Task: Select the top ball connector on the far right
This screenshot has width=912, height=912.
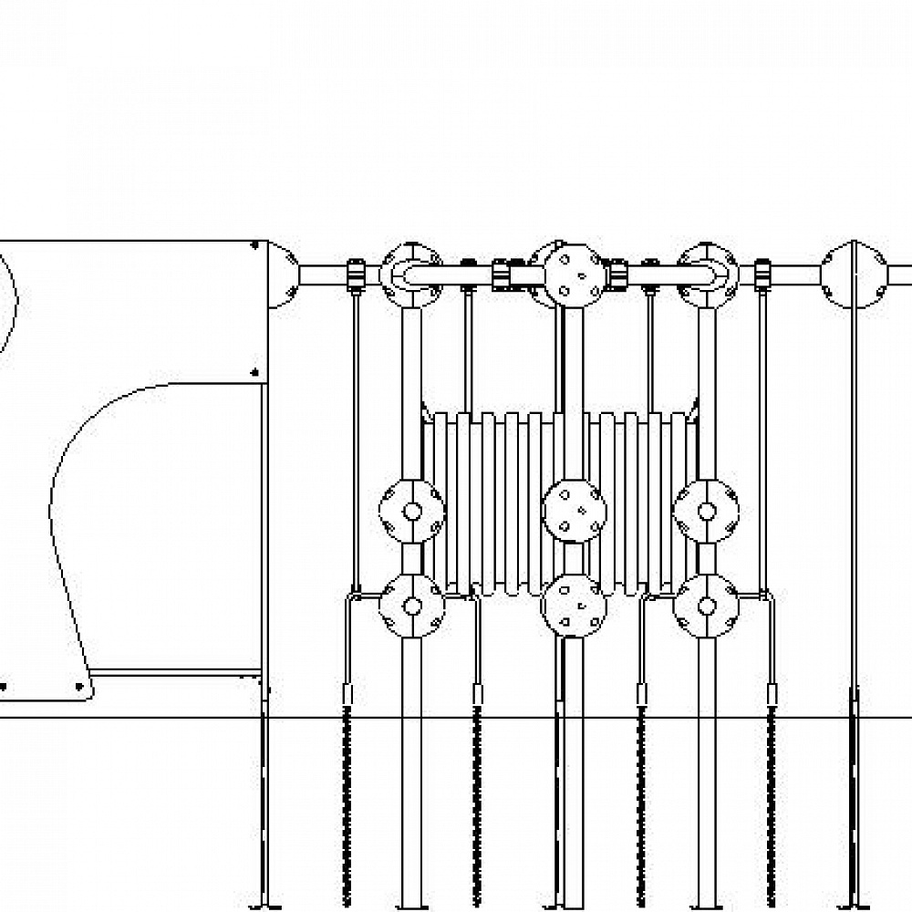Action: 854,274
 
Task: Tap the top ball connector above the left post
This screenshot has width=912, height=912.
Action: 411,274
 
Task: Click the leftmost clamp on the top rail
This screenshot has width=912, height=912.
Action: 355,274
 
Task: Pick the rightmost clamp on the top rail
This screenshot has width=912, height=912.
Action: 763,274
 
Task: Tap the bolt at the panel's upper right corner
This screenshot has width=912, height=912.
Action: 254,244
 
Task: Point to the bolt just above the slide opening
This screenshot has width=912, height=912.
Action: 254,371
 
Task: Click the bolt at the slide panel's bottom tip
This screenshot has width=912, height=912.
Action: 79,685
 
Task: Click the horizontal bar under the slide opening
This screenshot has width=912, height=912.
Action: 173,674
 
